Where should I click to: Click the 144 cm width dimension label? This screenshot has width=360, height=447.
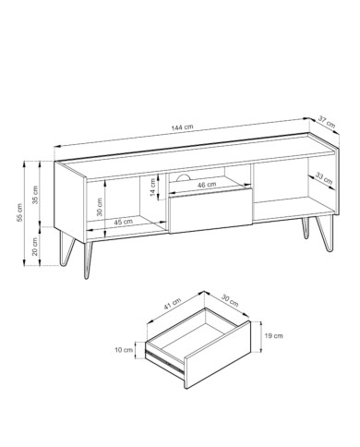point(183,127)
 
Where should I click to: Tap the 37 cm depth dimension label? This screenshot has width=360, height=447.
point(326,122)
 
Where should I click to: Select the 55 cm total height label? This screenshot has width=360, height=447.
point(19,212)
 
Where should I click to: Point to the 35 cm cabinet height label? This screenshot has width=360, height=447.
point(35,195)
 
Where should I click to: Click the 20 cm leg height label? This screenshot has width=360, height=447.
point(35,247)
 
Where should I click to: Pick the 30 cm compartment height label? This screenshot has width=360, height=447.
point(100,207)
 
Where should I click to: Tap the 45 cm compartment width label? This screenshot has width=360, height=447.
point(123,222)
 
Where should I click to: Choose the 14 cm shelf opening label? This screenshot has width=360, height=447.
point(153,187)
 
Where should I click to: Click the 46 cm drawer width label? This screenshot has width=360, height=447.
point(207,185)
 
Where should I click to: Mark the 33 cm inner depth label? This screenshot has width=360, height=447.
point(324,179)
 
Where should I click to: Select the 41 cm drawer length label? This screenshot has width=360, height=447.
point(173,304)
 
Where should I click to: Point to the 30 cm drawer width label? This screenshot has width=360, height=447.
point(230,301)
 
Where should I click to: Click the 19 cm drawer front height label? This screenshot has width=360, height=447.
point(273,335)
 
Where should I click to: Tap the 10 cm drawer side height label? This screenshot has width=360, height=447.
point(124,350)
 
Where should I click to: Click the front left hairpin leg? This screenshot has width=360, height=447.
point(88,260)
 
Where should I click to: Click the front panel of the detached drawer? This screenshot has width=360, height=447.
point(218,355)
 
